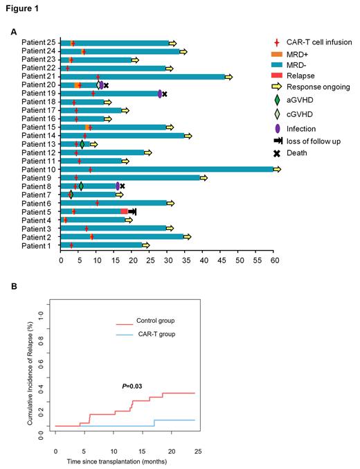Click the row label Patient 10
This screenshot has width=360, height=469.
coord(38,169)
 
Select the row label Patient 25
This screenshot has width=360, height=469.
coord(38,43)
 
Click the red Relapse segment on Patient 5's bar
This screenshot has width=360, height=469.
coord(124,211)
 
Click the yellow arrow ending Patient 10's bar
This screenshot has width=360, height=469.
coord(277,169)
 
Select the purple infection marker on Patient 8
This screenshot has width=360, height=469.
coord(118,186)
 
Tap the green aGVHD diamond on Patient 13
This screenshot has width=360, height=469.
coord(82,144)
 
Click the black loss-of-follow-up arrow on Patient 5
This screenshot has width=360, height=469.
coord(132,211)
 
